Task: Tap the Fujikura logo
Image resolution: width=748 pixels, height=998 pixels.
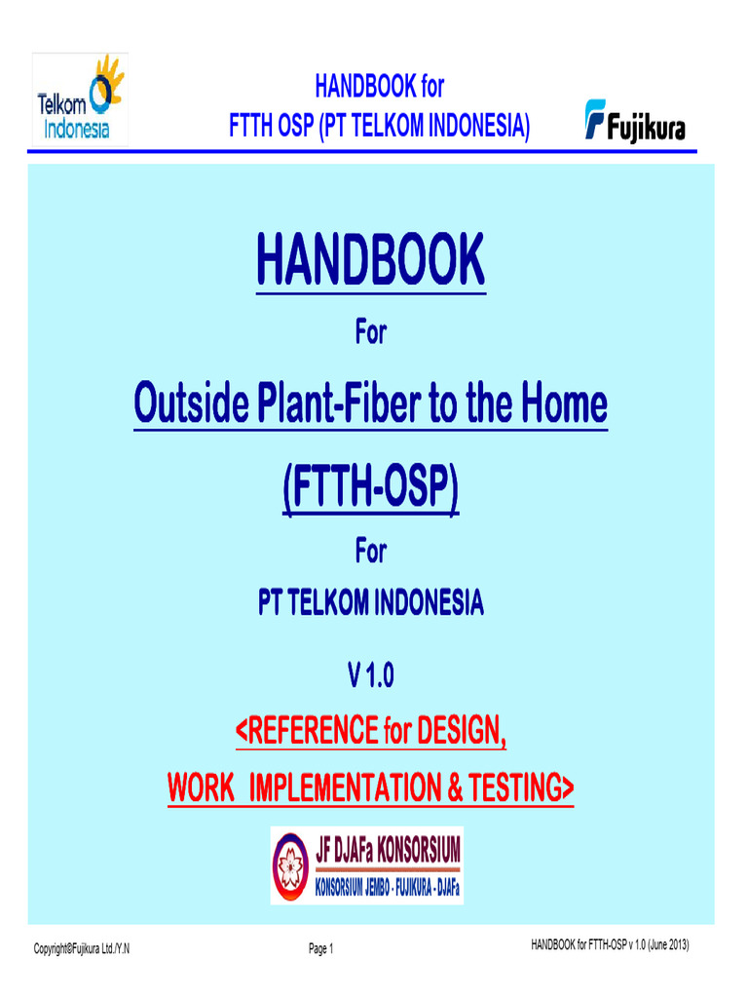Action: click(x=635, y=121)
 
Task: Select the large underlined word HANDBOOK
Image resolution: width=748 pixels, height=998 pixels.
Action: click(x=370, y=260)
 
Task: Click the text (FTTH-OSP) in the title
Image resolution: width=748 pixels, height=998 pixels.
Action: click(x=370, y=489)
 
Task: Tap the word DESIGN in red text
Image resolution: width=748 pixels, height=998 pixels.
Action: click(x=462, y=730)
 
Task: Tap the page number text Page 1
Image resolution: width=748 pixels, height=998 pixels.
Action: click(x=321, y=949)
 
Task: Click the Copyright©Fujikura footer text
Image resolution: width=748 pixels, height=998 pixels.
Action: click(x=82, y=949)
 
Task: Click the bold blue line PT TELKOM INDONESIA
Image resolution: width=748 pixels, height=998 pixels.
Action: click(x=370, y=604)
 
